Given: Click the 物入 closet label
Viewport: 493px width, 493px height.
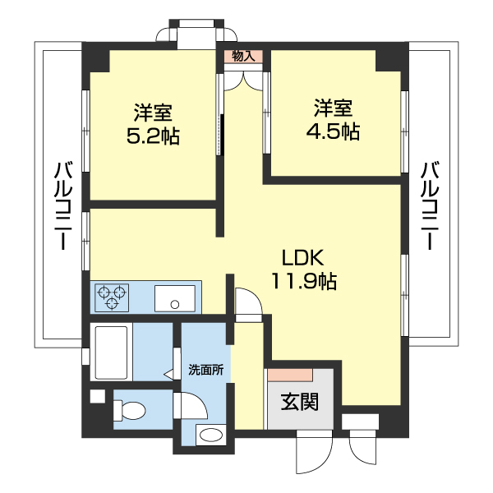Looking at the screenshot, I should click(243, 57).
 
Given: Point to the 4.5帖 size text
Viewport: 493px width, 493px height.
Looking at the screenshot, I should click(333, 131).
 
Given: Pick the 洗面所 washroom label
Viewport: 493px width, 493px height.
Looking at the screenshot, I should click(206, 369).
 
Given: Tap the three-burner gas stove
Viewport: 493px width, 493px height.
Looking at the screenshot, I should click(112, 297).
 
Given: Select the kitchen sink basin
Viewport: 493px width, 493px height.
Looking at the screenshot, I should click(175, 297).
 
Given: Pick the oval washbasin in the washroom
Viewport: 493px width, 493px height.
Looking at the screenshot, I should click(211, 435).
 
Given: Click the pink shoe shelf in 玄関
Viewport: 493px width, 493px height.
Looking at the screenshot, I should click(288, 375).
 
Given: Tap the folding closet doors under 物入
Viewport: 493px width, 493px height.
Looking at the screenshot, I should click(243, 78).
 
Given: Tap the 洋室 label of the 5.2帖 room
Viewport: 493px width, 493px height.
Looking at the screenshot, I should click(153, 111).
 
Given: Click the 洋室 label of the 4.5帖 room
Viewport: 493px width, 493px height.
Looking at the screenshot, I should click(333, 107).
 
